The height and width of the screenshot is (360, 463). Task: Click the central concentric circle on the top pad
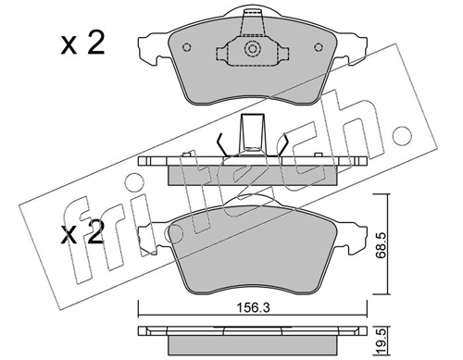click(x=250, y=52)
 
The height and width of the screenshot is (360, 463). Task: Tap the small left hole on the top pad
click(x=187, y=49)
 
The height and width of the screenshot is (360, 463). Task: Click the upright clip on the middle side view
click(x=250, y=134)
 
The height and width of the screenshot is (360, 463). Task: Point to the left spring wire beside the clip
click(x=221, y=146)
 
